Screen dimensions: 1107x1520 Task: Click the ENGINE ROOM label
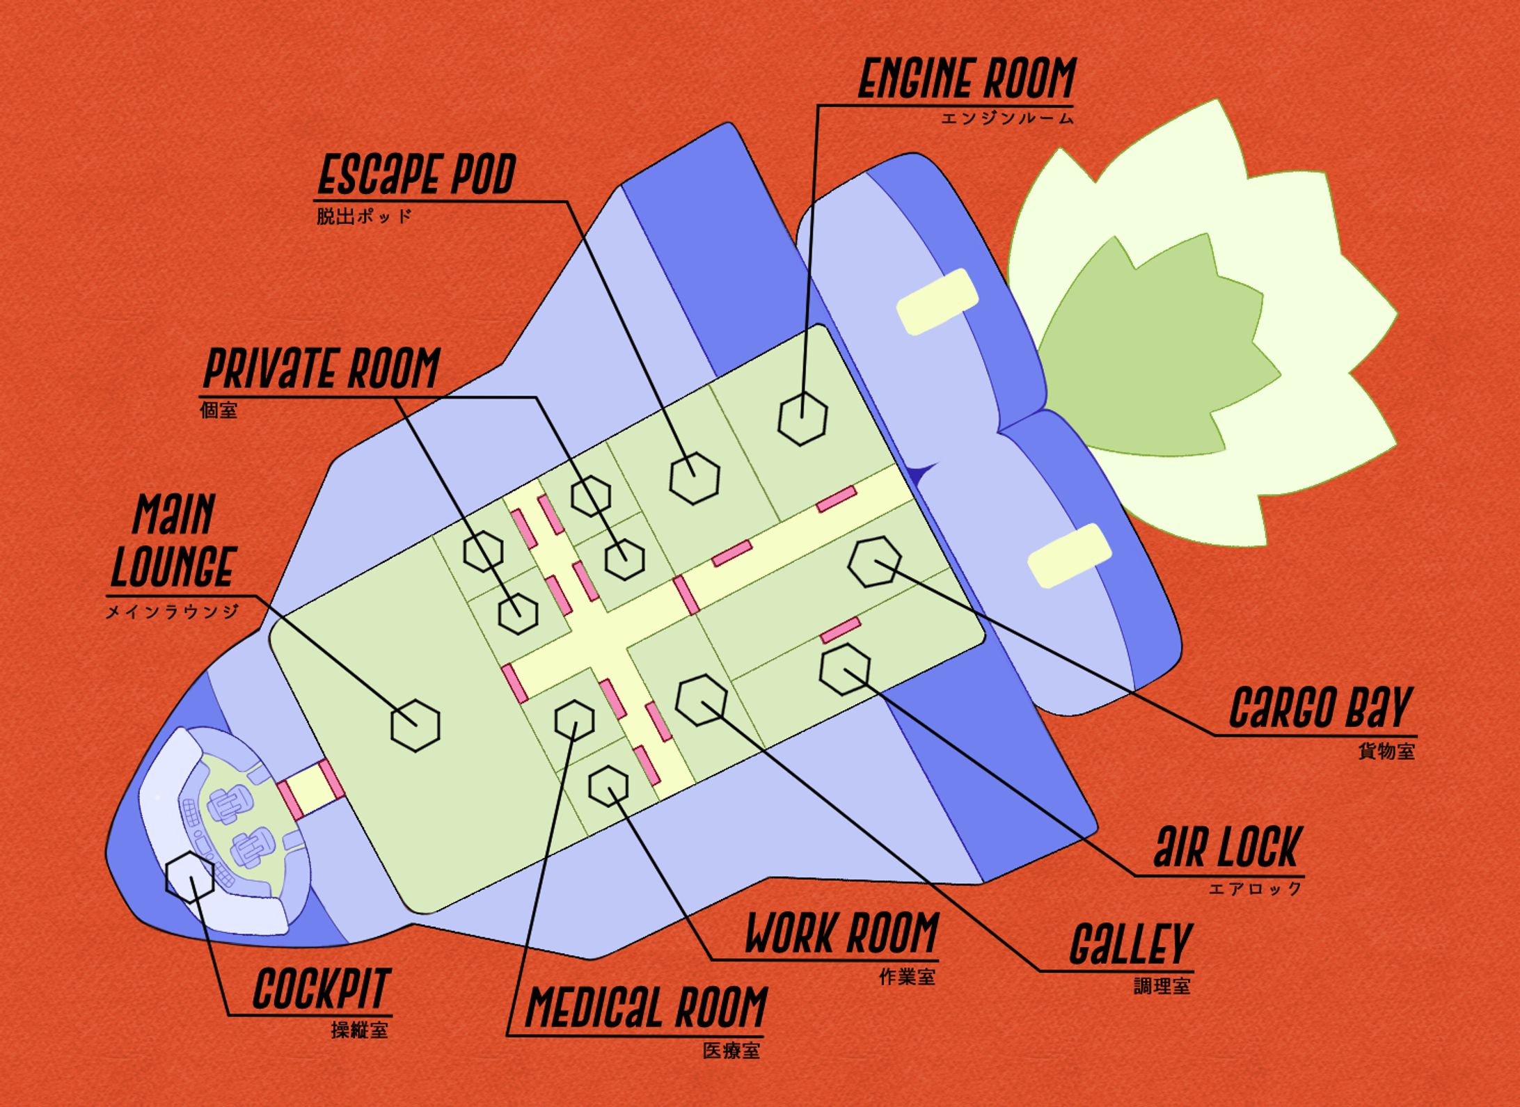tap(967, 79)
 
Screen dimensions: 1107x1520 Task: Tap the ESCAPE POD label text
tap(416, 175)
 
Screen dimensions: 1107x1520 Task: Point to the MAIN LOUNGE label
tap(173, 539)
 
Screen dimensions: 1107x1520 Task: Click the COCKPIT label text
tap(321, 988)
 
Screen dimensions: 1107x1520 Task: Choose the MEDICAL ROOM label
tap(647, 1006)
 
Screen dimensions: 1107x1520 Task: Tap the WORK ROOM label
tap(841, 933)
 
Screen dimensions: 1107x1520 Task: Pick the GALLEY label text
tap(1130, 944)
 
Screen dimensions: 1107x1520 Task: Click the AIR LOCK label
tap(1226, 847)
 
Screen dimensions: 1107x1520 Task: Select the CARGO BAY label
tap(1320, 707)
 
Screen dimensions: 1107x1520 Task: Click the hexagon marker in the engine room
tap(802, 417)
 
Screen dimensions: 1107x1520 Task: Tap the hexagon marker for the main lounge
tap(415, 725)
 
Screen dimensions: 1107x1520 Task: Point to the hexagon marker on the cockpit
tap(189, 877)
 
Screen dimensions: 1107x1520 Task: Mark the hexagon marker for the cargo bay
tap(874, 562)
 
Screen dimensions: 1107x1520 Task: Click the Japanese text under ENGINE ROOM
tap(1007, 118)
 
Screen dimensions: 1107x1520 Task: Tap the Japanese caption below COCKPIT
tap(359, 1030)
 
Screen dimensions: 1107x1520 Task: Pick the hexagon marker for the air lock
tap(845, 669)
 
